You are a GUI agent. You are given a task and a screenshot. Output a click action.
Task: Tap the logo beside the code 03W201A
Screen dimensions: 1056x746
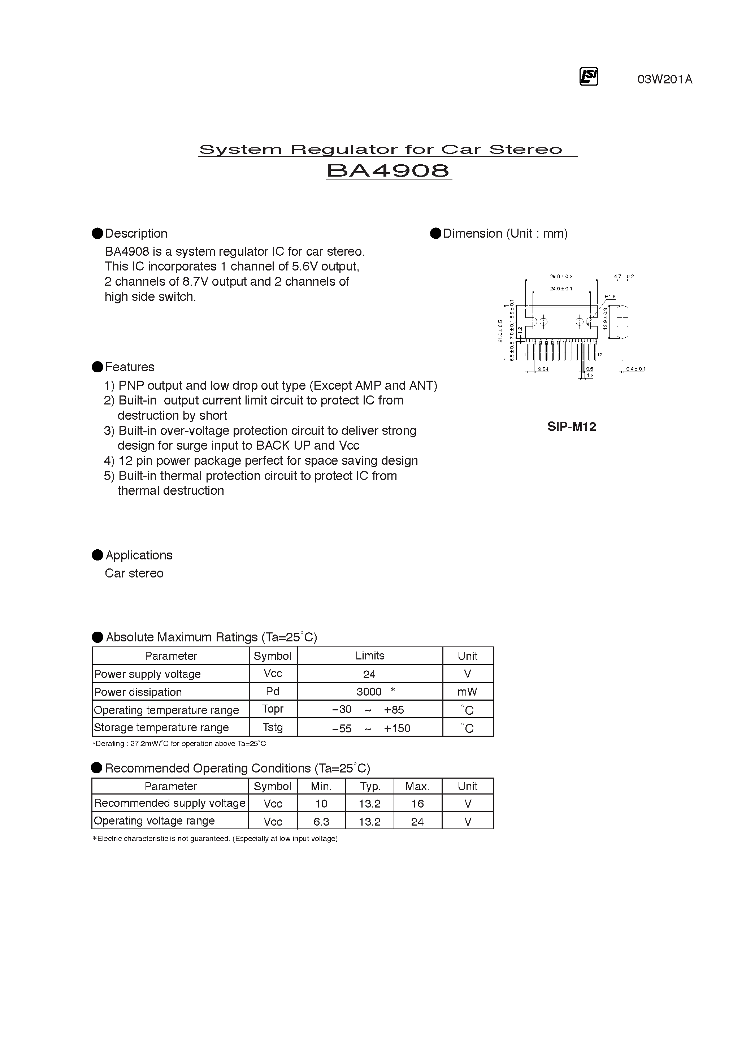click(x=588, y=77)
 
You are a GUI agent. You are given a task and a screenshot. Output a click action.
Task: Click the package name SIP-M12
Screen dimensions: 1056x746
click(x=572, y=427)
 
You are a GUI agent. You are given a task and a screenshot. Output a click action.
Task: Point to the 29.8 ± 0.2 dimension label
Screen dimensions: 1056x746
click(x=561, y=276)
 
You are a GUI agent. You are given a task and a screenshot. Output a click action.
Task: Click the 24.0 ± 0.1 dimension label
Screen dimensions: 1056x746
click(x=561, y=289)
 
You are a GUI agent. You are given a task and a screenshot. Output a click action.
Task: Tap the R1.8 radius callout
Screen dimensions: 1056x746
click(x=610, y=297)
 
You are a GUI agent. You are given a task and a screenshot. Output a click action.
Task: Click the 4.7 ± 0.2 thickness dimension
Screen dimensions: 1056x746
click(x=624, y=276)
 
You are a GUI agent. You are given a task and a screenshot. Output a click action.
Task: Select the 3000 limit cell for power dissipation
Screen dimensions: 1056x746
click(x=369, y=692)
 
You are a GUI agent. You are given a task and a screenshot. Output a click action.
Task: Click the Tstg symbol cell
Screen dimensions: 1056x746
click(x=273, y=727)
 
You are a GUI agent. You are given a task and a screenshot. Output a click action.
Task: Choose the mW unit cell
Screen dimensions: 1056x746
click(x=467, y=692)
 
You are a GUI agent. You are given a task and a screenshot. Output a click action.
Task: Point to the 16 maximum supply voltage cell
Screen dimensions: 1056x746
click(x=417, y=804)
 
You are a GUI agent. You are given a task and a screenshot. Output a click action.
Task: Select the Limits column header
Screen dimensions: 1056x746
click(x=370, y=655)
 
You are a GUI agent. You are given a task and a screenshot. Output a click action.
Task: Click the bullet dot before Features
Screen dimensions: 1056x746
click(x=97, y=367)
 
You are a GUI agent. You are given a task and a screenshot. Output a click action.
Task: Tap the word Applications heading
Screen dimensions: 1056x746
click(x=139, y=555)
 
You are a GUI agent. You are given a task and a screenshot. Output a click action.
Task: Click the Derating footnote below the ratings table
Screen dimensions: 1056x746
click(x=179, y=744)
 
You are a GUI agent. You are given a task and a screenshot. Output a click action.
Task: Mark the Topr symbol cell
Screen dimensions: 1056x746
click(x=273, y=709)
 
